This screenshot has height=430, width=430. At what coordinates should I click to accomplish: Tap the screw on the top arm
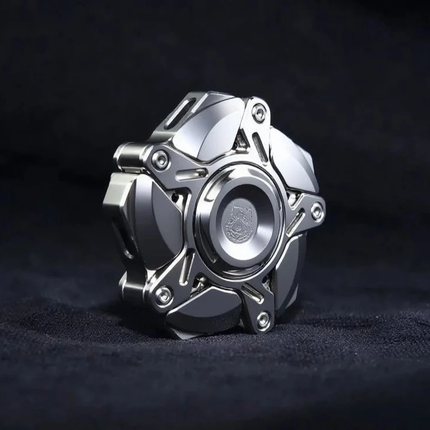click(258, 113)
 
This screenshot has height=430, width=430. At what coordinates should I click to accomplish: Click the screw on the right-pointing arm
click(317, 212)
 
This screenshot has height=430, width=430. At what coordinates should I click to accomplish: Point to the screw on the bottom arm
click(263, 319)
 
